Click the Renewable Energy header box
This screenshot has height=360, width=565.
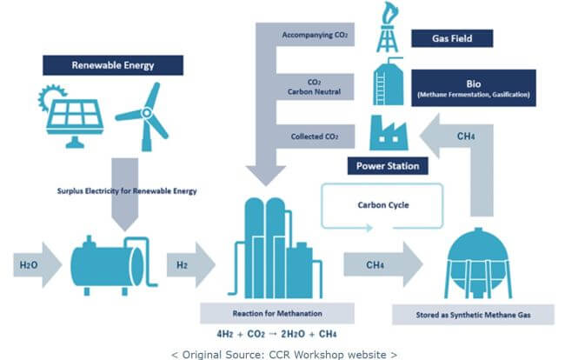point(113,65)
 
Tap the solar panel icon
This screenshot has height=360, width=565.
point(71,117)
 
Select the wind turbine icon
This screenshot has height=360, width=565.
point(143,117)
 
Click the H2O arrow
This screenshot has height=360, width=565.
point(37,265)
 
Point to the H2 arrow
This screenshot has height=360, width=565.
point(191,265)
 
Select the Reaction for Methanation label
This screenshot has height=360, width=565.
point(277,313)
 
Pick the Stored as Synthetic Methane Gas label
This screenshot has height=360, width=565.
point(473,315)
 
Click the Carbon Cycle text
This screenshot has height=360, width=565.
point(383,205)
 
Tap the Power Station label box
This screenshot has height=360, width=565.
point(388,166)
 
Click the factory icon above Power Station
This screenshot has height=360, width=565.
point(389,133)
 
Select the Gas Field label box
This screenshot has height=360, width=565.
point(452,38)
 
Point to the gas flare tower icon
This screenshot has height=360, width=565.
point(388,27)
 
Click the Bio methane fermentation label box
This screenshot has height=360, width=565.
point(474,88)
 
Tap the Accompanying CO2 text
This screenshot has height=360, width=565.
point(315,35)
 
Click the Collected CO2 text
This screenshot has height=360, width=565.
point(315,137)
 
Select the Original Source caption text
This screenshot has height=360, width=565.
point(284,355)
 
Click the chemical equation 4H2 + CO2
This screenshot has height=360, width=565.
point(276,334)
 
